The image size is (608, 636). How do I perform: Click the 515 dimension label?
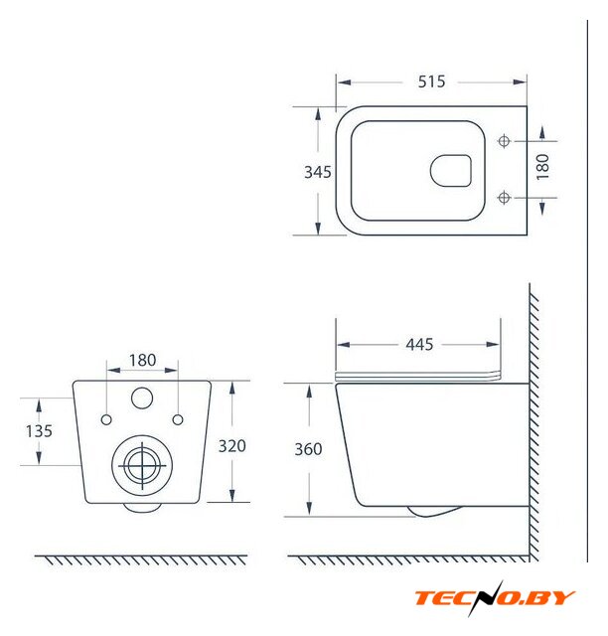[x=431, y=81]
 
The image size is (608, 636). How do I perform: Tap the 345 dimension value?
[x=318, y=172]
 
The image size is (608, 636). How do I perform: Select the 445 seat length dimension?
[x=419, y=345]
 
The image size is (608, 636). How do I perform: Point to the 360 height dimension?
[x=308, y=449]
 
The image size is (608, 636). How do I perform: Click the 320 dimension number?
[x=232, y=446]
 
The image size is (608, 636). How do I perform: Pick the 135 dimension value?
[x=39, y=431]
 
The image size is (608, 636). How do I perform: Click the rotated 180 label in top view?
[x=542, y=167]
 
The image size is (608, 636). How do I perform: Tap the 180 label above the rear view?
[x=142, y=360]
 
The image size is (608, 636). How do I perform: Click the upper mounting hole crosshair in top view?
[x=504, y=141]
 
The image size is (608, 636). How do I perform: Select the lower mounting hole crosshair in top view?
[x=504, y=198]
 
